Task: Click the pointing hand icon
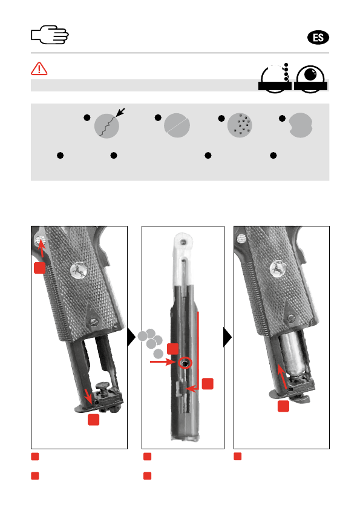tap(50, 35)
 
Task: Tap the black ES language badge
tap(318, 38)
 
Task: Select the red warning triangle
tap(39, 68)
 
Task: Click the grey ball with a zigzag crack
tap(106, 126)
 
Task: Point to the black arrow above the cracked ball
tap(120, 113)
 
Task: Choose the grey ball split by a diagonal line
tap(177, 125)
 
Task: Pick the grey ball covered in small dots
tap(240, 125)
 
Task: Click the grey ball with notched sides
tap(301, 125)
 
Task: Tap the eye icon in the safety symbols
tap(310, 79)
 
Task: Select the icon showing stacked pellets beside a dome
tap(275, 78)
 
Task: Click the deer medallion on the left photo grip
tap(79, 270)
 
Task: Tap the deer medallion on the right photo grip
tap(278, 269)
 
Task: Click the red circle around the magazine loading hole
tap(185, 363)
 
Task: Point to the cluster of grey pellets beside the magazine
tap(151, 343)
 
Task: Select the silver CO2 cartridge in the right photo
tap(292, 354)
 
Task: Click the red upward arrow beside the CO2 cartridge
tap(283, 376)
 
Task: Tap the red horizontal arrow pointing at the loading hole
tap(163, 361)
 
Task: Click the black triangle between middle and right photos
tap(227, 337)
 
